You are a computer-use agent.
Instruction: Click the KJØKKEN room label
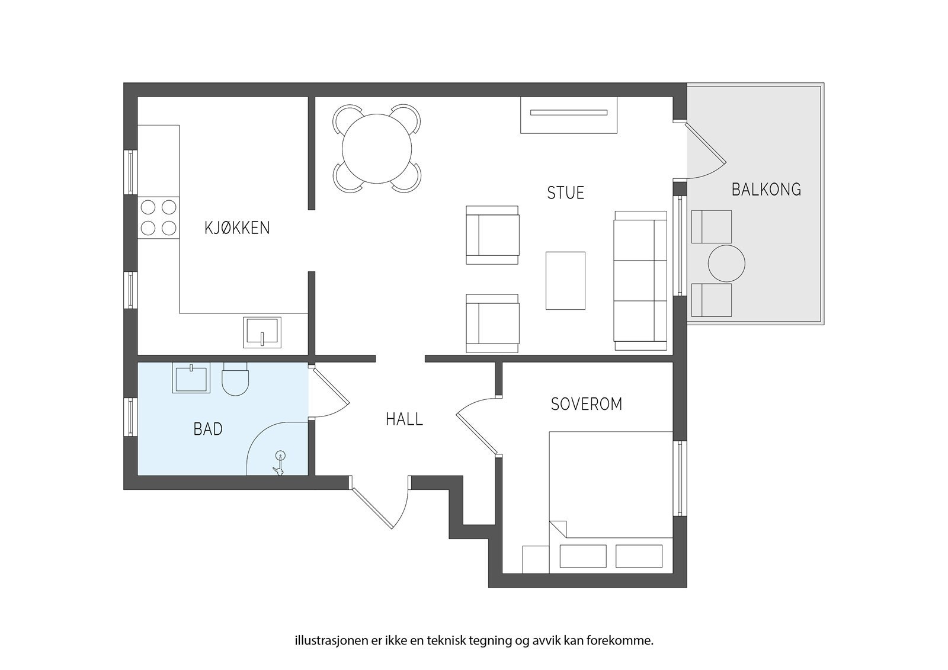click(x=237, y=227)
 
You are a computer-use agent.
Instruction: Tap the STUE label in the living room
click(x=565, y=193)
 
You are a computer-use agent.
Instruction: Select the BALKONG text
click(x=767, y=190)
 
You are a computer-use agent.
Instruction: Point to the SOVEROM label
click(x=587, y=404)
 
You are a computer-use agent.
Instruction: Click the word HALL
click(x=404, y=419)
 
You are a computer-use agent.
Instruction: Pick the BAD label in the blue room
click(x=208, y=429)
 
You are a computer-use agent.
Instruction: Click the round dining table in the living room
click(x=377, y=149)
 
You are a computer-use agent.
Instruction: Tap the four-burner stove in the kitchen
click(x=158, y=217)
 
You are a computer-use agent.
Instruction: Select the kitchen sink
click(x=262, y=332)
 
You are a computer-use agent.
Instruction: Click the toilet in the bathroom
click(x=235, y=379)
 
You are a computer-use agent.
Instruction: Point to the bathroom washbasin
click(x=191, y=378)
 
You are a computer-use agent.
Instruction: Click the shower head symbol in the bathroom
click(x=279, y=463)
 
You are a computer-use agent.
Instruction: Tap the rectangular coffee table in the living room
click(x=565, y=281)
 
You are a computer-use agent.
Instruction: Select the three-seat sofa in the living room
click(x=640, y=281)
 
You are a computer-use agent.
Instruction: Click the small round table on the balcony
click(x=726, y=263)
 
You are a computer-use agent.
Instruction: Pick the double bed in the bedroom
click(x=611, y=502)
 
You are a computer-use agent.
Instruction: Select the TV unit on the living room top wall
click(x=568, y=115)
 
